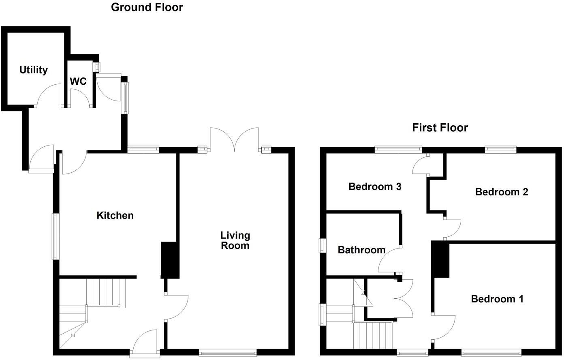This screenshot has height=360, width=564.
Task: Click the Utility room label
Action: (34, 70)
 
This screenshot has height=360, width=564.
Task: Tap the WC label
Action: (78, 81)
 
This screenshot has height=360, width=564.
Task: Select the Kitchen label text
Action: (115, 215)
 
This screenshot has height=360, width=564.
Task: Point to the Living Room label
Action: (235, 240)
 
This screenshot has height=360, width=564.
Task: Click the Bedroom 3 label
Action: (375, 187)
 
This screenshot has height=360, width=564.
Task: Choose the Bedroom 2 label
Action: (502, 192)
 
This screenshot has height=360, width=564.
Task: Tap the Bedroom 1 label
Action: (497, 299)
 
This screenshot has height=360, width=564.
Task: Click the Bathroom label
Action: (361, 250)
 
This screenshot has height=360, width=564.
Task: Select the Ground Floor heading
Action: (147, 7)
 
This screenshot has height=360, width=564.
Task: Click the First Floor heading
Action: (440, 128)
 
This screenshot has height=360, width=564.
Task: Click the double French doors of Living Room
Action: (234, 140)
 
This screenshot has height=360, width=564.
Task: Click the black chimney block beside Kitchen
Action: (170, 260)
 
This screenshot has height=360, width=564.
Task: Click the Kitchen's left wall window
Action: (55, 236)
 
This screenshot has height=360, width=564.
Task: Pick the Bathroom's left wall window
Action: (323, 245)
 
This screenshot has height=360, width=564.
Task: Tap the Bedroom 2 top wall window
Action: (501, 150)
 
